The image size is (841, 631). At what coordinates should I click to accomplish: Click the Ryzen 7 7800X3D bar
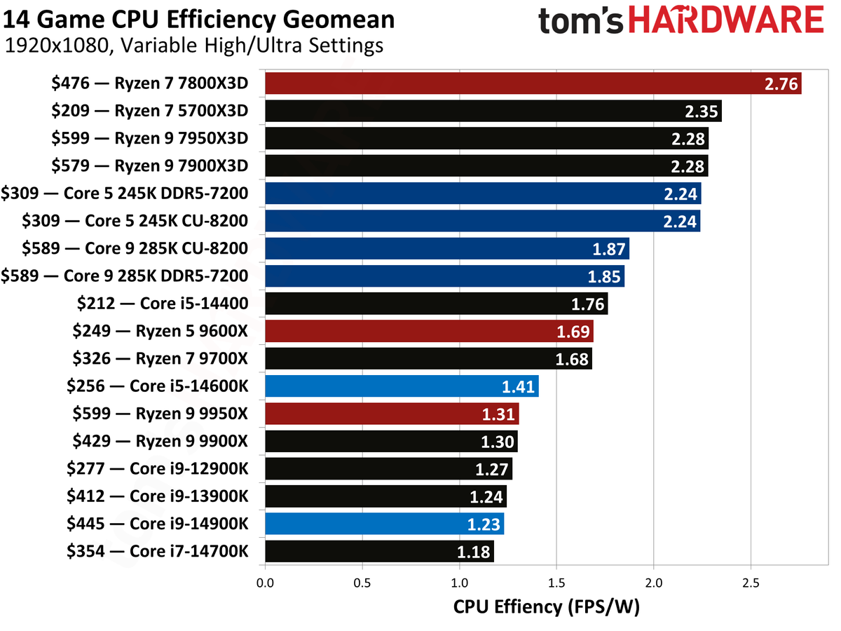(533, 83)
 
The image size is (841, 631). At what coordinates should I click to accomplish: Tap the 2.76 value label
(780, 84)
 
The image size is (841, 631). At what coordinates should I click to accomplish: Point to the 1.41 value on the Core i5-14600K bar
(519, 386)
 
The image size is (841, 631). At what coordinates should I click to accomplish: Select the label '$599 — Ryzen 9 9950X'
(160, 414)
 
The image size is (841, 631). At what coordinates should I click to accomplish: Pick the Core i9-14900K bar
(384, 524)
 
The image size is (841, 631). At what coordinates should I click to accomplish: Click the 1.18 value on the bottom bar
(474, 552)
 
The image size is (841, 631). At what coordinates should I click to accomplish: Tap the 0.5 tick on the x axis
(362, 583)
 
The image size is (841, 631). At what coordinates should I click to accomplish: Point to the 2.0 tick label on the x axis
(653, 583)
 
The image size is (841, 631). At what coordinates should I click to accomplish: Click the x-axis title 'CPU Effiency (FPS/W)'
(547, 607)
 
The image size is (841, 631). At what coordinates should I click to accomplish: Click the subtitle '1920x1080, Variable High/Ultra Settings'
(194, 46)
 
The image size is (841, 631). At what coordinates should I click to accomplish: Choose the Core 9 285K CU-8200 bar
(447, 248)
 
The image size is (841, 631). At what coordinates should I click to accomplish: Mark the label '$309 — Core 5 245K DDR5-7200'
(125, 194)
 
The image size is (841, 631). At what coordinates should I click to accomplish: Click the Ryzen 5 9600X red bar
(429, 331)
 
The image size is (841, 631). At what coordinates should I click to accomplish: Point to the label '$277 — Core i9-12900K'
(157, 468)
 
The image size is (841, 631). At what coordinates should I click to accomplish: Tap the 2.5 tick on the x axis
(751, 583)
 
